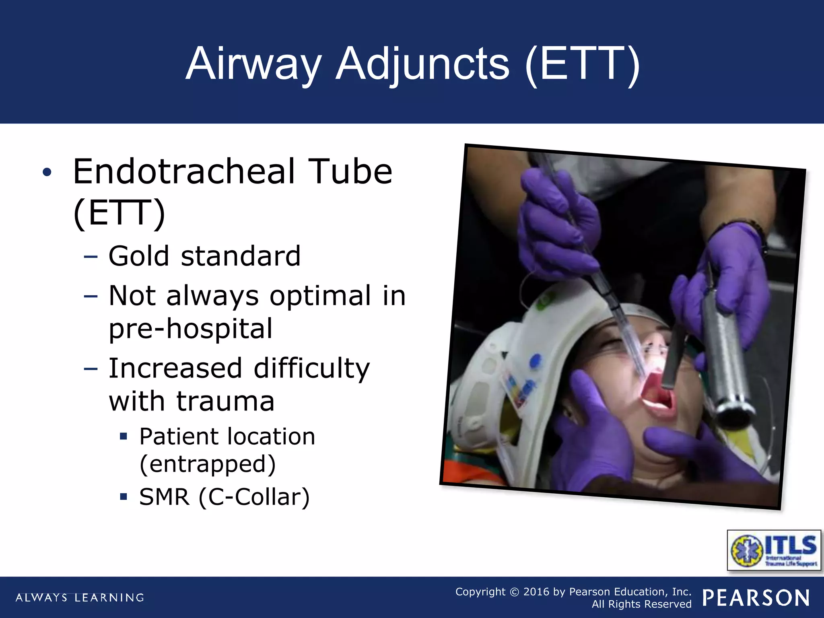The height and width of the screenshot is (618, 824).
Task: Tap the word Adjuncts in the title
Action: [x=422, y=64]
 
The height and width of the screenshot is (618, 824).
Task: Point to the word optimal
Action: [x=320, y=296]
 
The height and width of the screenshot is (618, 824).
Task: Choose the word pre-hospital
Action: [x=191, y=329]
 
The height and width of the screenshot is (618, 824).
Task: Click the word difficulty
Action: [x=311, y=369]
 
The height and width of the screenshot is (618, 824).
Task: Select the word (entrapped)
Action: [x=208, y=464]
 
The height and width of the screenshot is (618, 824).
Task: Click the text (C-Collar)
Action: [x=254, y=497]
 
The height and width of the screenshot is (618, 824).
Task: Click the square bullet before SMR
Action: [x=124, y=496]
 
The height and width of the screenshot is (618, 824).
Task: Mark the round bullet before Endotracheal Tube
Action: [x=47, y=172]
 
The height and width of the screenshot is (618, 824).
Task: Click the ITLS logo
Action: [x=774, y=550]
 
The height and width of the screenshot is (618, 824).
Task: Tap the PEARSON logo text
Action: [x=756, y=598]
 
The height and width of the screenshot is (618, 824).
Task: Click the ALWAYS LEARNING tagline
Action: [x=80, y=597]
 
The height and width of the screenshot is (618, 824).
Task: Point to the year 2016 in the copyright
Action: [x=537, y=592]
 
